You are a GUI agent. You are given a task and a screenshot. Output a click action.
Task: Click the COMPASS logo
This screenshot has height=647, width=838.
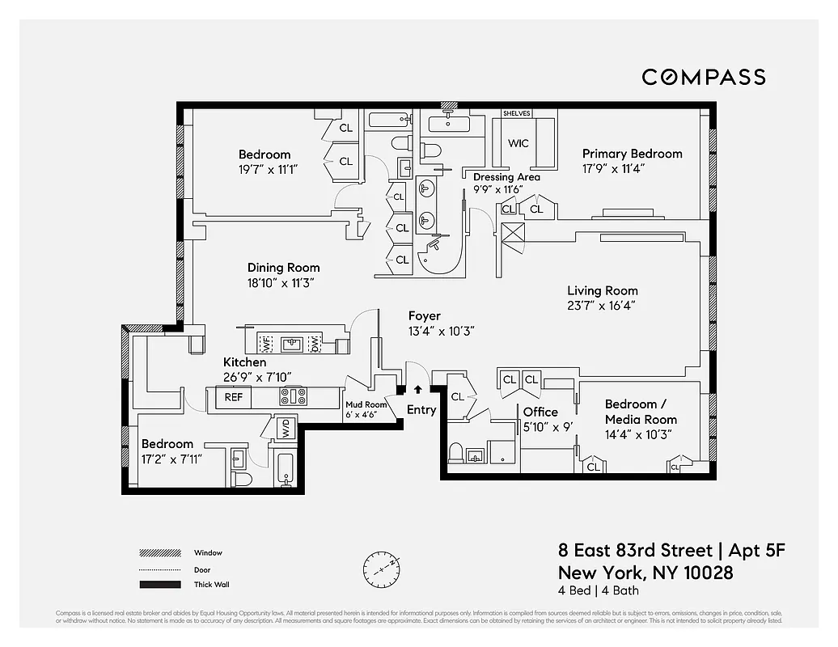tap(703, 77)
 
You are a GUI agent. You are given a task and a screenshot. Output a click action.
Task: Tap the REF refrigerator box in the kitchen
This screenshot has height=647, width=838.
tap(233, 397)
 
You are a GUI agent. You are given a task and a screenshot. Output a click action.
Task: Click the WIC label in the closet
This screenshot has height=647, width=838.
tap(518, 143)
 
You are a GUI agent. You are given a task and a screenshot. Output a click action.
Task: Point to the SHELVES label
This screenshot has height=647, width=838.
tap(517, 114)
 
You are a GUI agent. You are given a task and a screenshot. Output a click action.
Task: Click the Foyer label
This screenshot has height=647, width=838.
tap(425, 316)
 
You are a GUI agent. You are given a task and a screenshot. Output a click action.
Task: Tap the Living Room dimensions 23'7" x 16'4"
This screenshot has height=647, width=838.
tap(603, 306)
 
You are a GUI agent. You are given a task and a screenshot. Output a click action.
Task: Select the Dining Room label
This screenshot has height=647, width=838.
tap(283, 268)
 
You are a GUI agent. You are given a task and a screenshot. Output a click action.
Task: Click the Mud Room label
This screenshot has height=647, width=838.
tap(366, 404)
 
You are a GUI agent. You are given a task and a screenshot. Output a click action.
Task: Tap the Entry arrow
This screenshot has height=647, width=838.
tap(417, 390)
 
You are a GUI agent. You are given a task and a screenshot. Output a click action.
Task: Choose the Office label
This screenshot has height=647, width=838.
tap(540, 412)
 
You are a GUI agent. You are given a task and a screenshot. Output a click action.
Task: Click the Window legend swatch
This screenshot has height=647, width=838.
tap(159, 553)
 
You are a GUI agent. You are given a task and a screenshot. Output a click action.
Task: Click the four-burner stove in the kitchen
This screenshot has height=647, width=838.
tap(293, 397)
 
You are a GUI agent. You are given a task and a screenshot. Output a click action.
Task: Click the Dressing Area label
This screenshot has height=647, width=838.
tap(506, 177)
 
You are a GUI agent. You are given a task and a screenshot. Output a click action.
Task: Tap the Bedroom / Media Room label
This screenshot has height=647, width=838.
tap(641, 412)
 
